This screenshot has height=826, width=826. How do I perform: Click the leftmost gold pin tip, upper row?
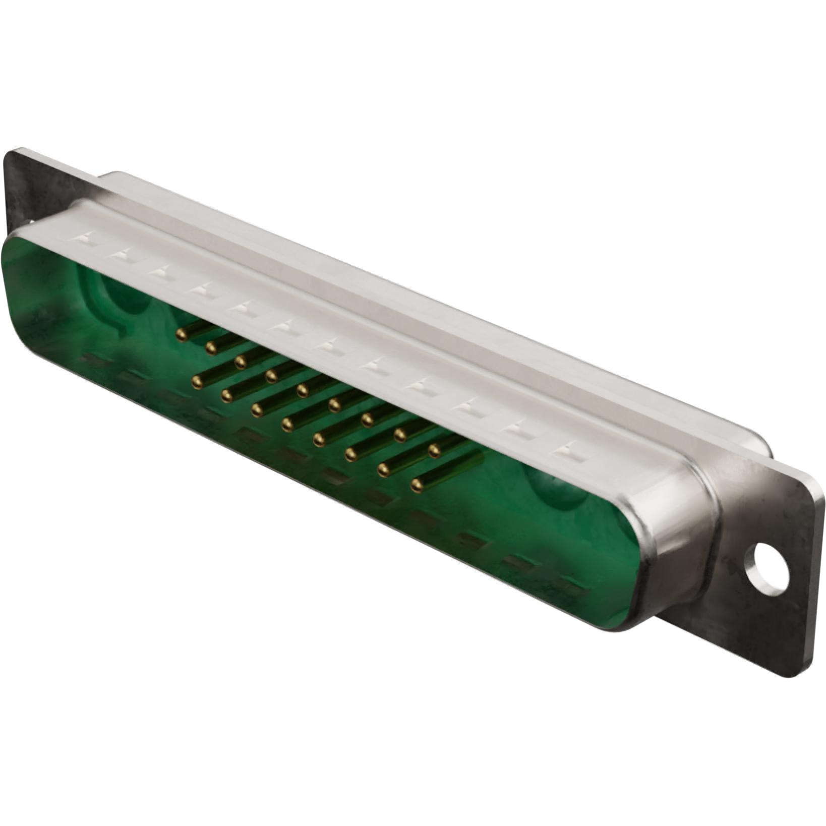181,333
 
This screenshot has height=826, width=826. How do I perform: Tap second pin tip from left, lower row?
226,397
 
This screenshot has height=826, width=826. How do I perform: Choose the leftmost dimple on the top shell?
87,238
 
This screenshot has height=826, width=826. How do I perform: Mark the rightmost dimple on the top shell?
571,450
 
